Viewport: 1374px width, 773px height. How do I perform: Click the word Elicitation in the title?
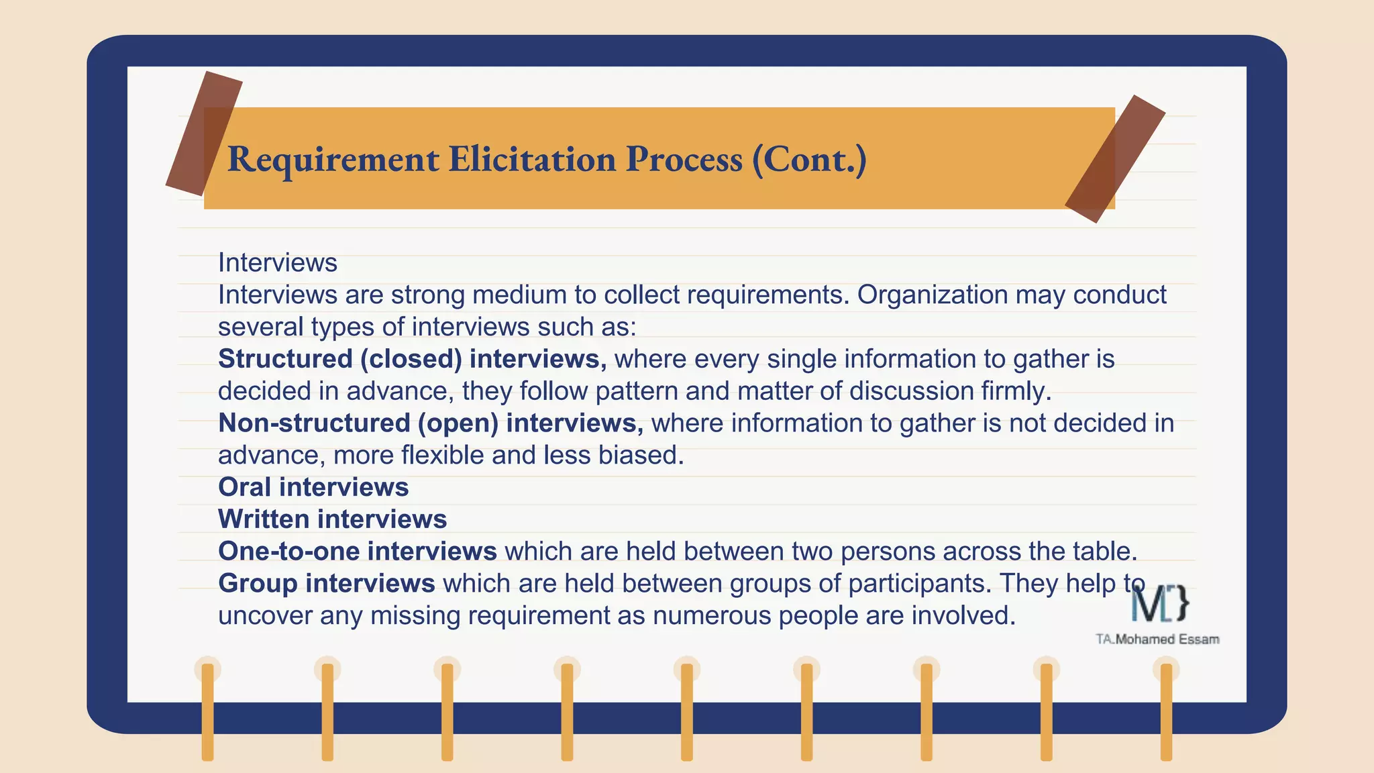tap(532, 159)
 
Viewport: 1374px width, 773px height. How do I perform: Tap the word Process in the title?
tap(684, 159)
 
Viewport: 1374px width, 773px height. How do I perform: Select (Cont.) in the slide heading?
tap(809, 160)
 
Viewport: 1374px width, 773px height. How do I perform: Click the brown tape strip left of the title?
tap(203, 133)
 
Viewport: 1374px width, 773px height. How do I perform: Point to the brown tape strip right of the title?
tap(1114, 159)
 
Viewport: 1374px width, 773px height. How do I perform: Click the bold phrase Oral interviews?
tap(313, 487)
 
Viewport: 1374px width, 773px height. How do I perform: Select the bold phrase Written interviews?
tap(333, 519)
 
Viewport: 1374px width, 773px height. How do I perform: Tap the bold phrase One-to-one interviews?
tap(358, 551)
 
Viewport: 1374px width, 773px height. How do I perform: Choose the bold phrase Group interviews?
tap(327, 583)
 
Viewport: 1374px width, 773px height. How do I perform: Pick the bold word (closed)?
tap(411, 359)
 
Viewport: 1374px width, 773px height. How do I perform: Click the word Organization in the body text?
tap(933, 295)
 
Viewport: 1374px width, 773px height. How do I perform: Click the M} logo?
tap(1160, 603)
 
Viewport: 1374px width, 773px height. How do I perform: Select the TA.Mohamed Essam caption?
tap(1157, 639)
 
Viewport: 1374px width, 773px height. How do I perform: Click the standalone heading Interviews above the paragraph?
tap(278, 262)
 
